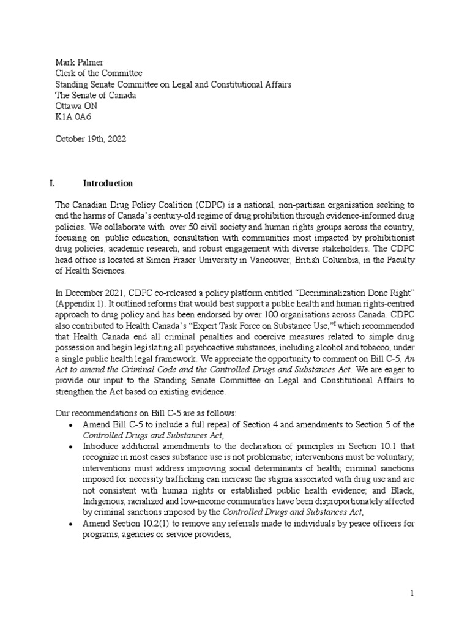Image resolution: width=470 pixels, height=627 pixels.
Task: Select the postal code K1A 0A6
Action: click(71, 117)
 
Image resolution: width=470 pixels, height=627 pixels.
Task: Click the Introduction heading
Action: click(108, 183)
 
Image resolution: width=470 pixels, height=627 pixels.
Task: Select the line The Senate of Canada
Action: click(95, 95)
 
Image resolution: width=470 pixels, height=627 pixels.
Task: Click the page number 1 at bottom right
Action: click(412, 593)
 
